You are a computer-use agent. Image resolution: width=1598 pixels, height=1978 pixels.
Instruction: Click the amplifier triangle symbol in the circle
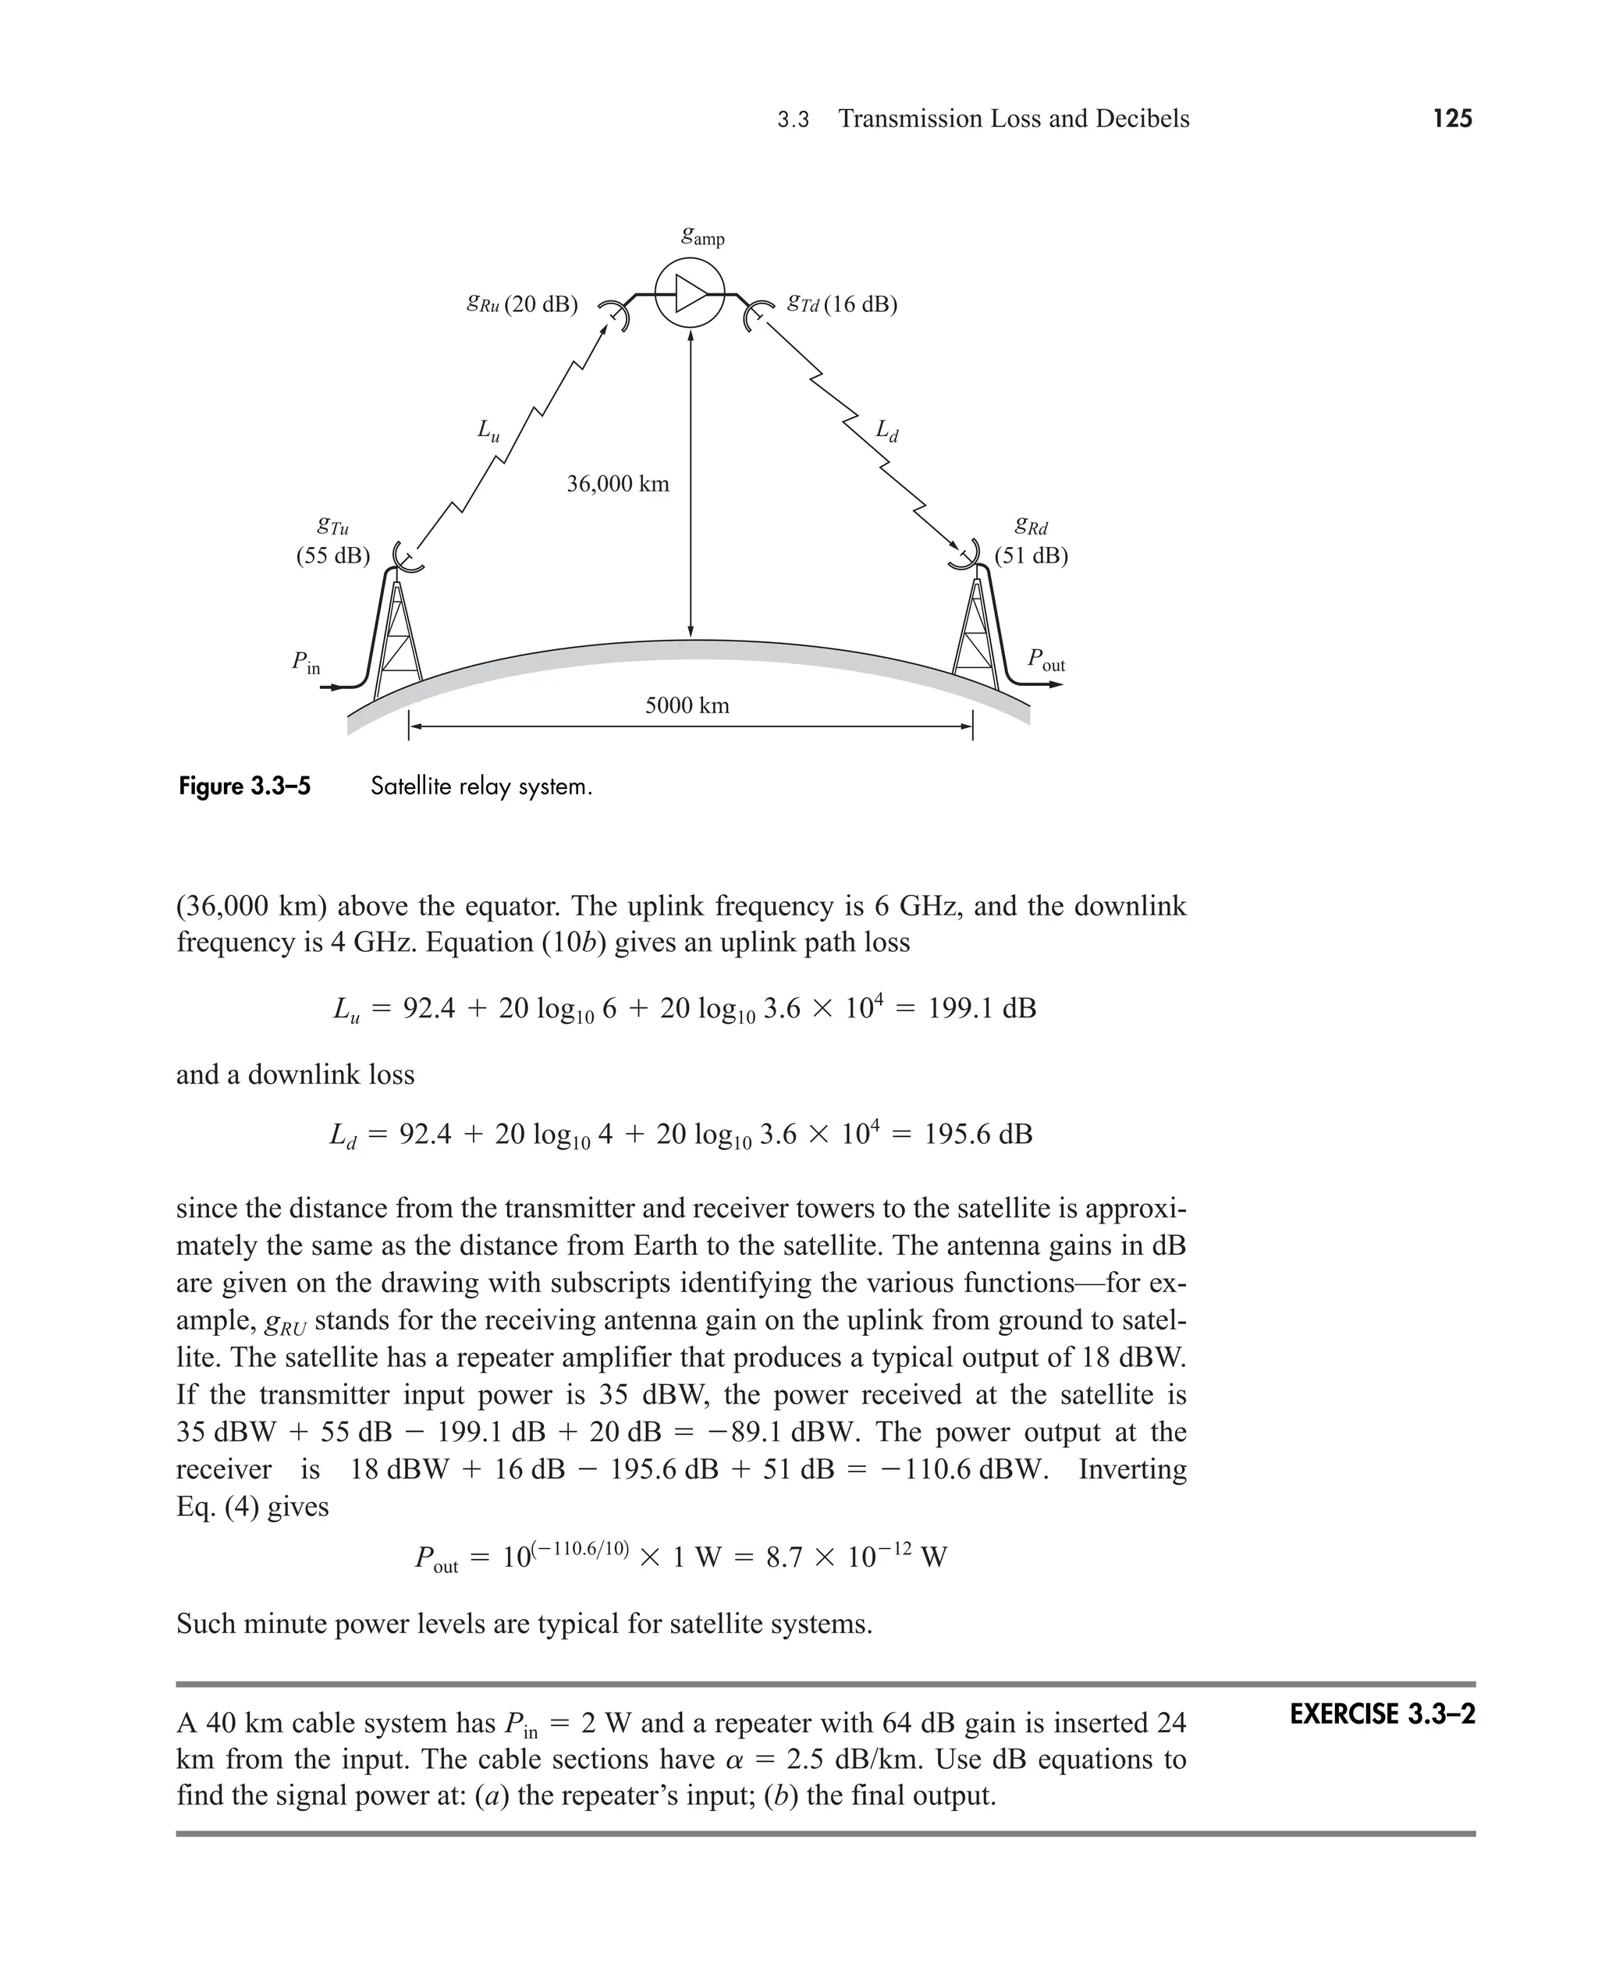pos(691,294)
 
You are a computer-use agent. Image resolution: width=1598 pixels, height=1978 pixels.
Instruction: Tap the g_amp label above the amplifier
pos(702,236)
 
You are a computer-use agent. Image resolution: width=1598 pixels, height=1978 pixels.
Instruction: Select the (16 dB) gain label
pos(860,304)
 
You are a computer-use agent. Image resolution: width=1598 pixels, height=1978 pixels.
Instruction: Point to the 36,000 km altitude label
pos(618,484)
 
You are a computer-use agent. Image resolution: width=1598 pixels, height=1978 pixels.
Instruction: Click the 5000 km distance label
pos(687,706)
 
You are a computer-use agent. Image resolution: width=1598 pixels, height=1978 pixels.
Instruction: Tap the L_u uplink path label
pos(488,431)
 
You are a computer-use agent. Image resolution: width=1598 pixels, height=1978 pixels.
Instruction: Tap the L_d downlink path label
pos(886,431)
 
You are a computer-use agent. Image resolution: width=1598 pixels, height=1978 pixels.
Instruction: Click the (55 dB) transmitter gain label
pos(332,556)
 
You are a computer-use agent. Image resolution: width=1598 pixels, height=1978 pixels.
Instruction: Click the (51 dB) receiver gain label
pos(1031,556)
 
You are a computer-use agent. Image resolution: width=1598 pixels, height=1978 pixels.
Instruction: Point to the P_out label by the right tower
pos(1046,660)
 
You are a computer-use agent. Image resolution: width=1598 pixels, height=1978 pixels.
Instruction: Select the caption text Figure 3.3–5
pos(245,787)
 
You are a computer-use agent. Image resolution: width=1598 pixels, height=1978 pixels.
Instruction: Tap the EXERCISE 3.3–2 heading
pos(1382,1715)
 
